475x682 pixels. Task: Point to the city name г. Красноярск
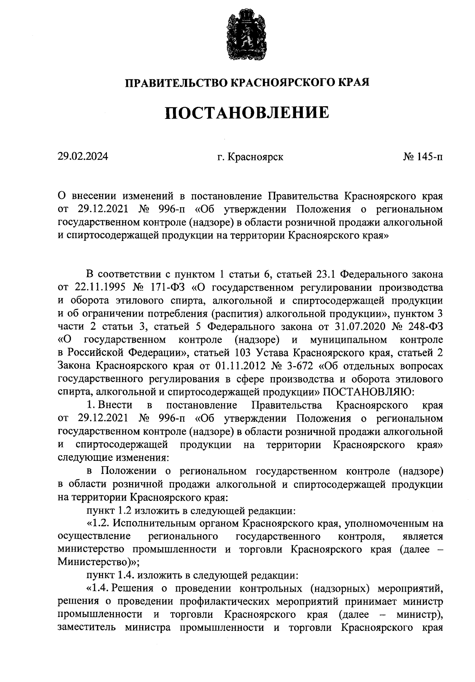click(250, 157)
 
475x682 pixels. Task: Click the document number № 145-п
click(423, 157)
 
